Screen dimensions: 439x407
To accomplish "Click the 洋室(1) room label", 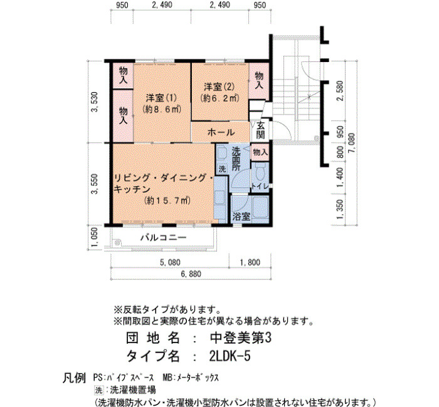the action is coord(161,98).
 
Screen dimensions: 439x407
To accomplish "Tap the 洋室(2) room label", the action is coord(219,86).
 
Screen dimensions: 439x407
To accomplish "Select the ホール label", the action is coord(221,132).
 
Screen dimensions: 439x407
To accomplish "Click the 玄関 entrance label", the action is coord(260,130).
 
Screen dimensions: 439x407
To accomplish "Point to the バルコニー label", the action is coord(163,238).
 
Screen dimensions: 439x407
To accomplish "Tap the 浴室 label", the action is coord(241,216).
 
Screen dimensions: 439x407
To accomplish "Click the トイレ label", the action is coord(260,186).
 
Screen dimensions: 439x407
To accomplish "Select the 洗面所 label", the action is coord(236,159).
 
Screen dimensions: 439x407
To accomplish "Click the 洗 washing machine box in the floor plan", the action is coord(222,169).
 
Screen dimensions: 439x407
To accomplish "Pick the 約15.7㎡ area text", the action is coord(167,200).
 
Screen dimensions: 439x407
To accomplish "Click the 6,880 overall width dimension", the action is coord(191,274).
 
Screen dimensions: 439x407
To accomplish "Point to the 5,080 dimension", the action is coord(170,262).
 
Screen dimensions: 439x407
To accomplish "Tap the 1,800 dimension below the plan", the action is coord(250,262).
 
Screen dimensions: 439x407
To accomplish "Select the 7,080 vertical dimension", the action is coord(352,143).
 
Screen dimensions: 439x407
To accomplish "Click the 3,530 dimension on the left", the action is coord(95,101).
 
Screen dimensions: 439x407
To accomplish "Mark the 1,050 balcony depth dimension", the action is coord(95,237).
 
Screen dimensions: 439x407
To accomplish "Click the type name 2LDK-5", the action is coord(230,356).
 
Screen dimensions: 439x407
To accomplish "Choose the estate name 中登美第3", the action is coord(240,338).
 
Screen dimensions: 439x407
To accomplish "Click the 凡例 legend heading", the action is coord(73,378).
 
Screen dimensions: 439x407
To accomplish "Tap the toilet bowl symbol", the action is coord(260,172).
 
